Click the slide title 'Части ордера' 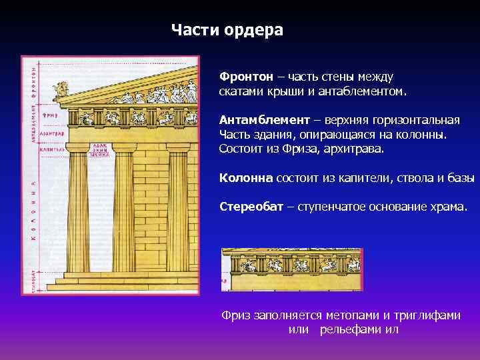[x=227, y=31]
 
